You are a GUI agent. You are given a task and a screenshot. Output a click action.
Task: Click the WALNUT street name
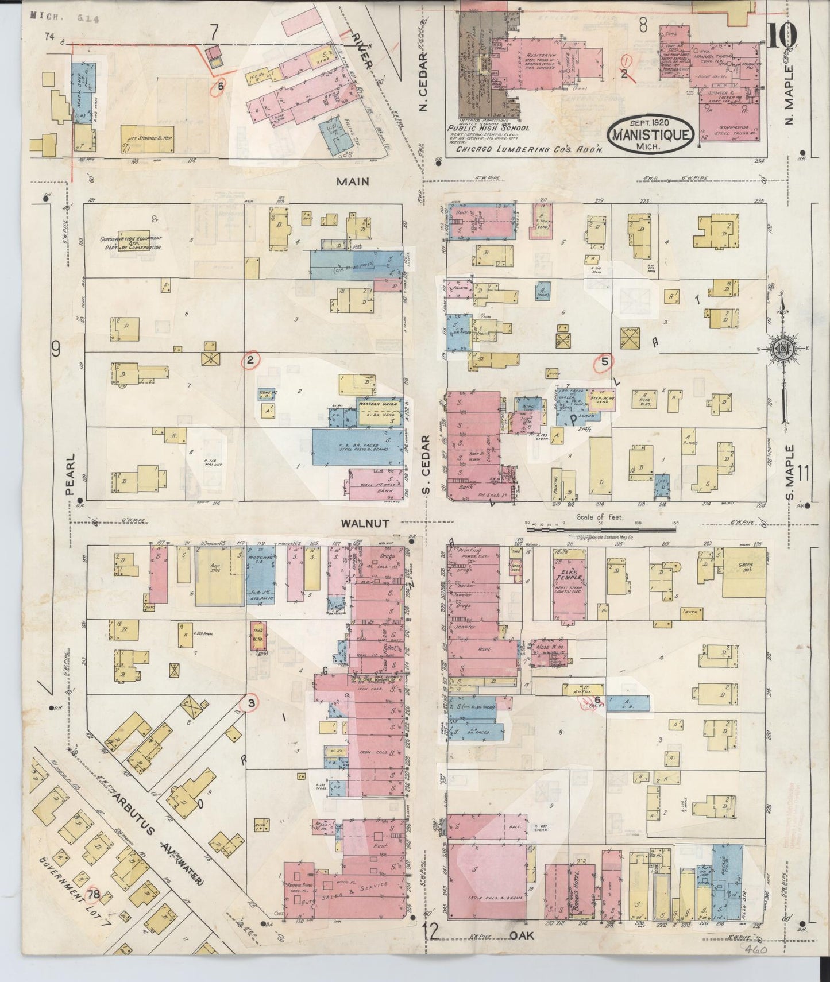click(x=365, y=523)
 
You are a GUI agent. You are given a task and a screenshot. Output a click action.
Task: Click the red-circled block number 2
click(x=250, y=360)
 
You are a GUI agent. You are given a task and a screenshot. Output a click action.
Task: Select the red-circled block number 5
click(x=604, y=361)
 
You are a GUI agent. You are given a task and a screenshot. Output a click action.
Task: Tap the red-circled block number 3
click(x=250, y=702)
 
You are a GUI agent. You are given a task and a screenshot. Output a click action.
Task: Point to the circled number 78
click(x=94, y=910)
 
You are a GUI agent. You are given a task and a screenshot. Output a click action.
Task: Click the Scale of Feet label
click(x=601, y=517)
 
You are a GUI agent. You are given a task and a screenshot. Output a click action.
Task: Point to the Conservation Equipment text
click(x=132, y=242)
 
